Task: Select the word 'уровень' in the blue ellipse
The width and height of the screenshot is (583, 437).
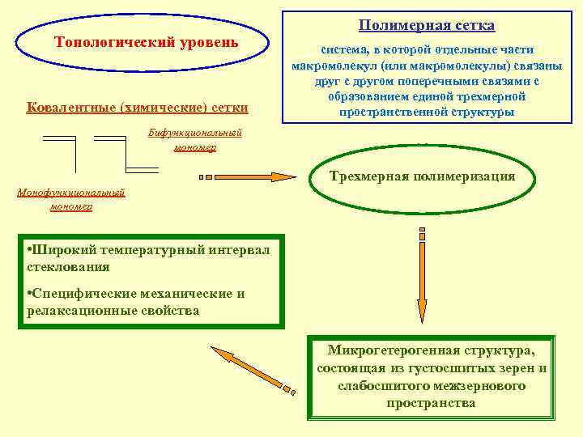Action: click(x=208, y=42)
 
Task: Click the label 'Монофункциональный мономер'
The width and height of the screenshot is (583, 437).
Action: click(x=70, y=199)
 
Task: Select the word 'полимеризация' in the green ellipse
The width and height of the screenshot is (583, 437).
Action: click(x=466, y=176)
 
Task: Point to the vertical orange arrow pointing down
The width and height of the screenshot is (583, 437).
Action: click(x=422, y=275)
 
